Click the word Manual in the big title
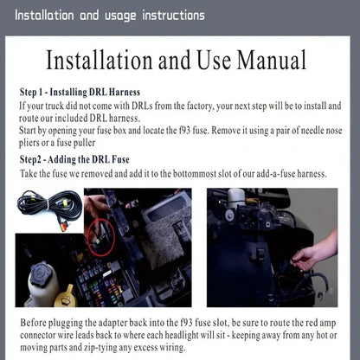click(272, 60)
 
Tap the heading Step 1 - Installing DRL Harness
click(80, 92)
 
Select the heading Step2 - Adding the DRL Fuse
click(74, 159)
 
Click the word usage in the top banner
click(120, 16)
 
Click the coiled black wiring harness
click(50, 207)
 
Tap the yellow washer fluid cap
click(66, 296)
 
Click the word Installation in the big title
click(99, 60)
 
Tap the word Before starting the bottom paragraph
click(33, 323)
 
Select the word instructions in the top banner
click(174, 16)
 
